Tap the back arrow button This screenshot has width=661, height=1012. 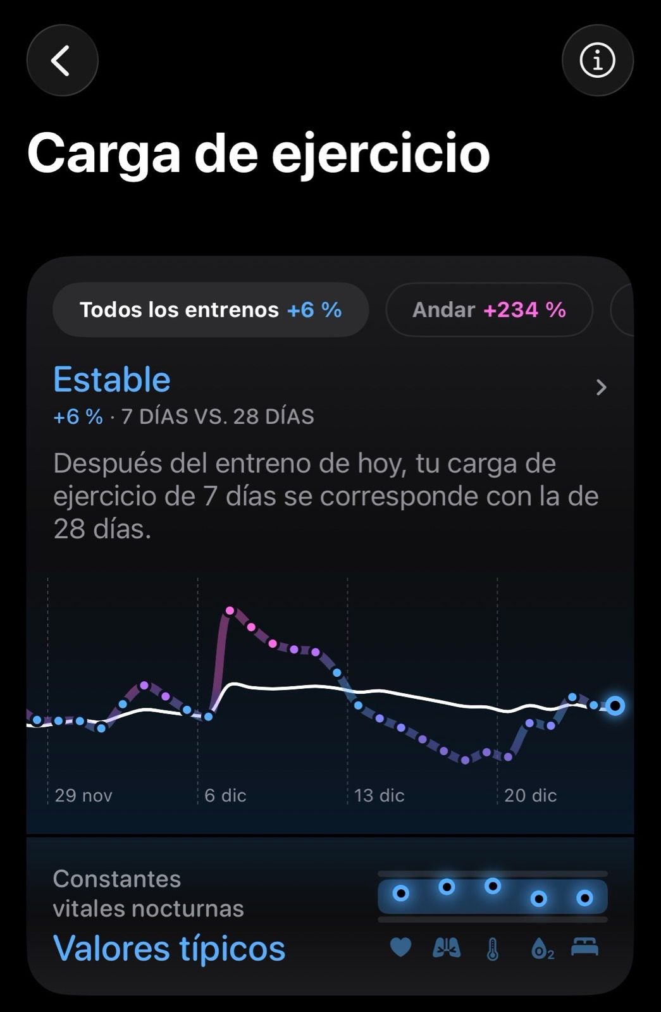(62, 61)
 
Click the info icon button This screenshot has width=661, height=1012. (597, 61)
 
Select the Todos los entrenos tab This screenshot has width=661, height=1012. (210, 309)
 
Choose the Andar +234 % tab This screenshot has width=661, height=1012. (489, 309)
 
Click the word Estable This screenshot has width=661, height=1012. (112, 379)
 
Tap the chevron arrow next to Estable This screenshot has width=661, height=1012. (601, 387)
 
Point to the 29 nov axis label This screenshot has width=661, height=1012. (83, 795)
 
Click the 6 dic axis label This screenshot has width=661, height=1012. (225, 795)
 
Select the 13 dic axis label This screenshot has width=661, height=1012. (379, 795)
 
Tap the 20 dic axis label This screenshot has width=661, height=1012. (530, 795)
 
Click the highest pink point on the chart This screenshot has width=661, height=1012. (230, 610)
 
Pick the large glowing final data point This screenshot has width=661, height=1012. (615, 705)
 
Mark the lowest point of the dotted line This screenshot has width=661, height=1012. (466, 760)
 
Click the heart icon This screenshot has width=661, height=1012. (400, 947)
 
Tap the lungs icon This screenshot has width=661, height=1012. (447, 947)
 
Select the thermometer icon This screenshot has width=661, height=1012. (493, 949)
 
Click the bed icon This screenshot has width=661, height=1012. (584, 947)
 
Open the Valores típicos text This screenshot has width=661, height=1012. (169, 948)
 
